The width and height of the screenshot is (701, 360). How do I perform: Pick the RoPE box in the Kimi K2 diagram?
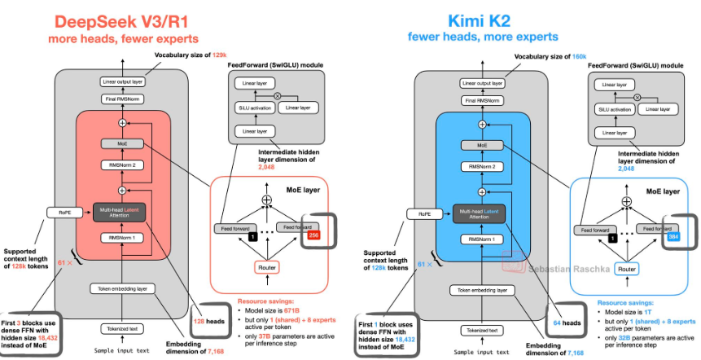425,216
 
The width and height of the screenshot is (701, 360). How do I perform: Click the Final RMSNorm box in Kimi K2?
482,101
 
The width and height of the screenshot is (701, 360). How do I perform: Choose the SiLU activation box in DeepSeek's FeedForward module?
252,107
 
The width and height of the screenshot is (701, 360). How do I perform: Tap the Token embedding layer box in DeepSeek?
122,289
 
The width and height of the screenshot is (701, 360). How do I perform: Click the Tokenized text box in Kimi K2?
482,331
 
